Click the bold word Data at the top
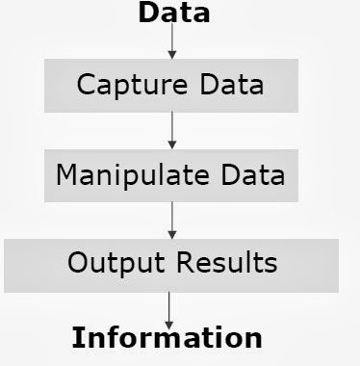173,13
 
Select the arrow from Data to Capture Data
172,40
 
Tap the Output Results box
171,263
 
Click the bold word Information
168,337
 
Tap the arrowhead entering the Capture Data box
172,54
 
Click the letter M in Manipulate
66,175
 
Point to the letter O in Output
76,263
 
